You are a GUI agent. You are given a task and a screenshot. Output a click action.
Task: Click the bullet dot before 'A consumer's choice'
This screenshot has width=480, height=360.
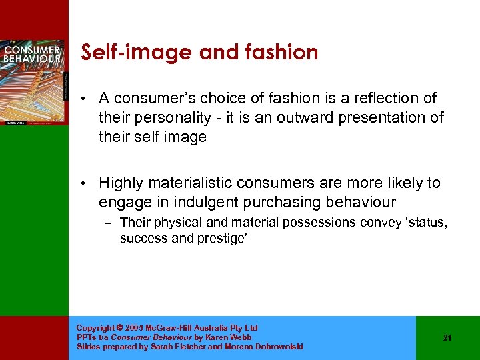click(x=81, y=99)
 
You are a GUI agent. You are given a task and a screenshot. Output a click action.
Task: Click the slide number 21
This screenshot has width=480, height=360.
click(x=447, y=338)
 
